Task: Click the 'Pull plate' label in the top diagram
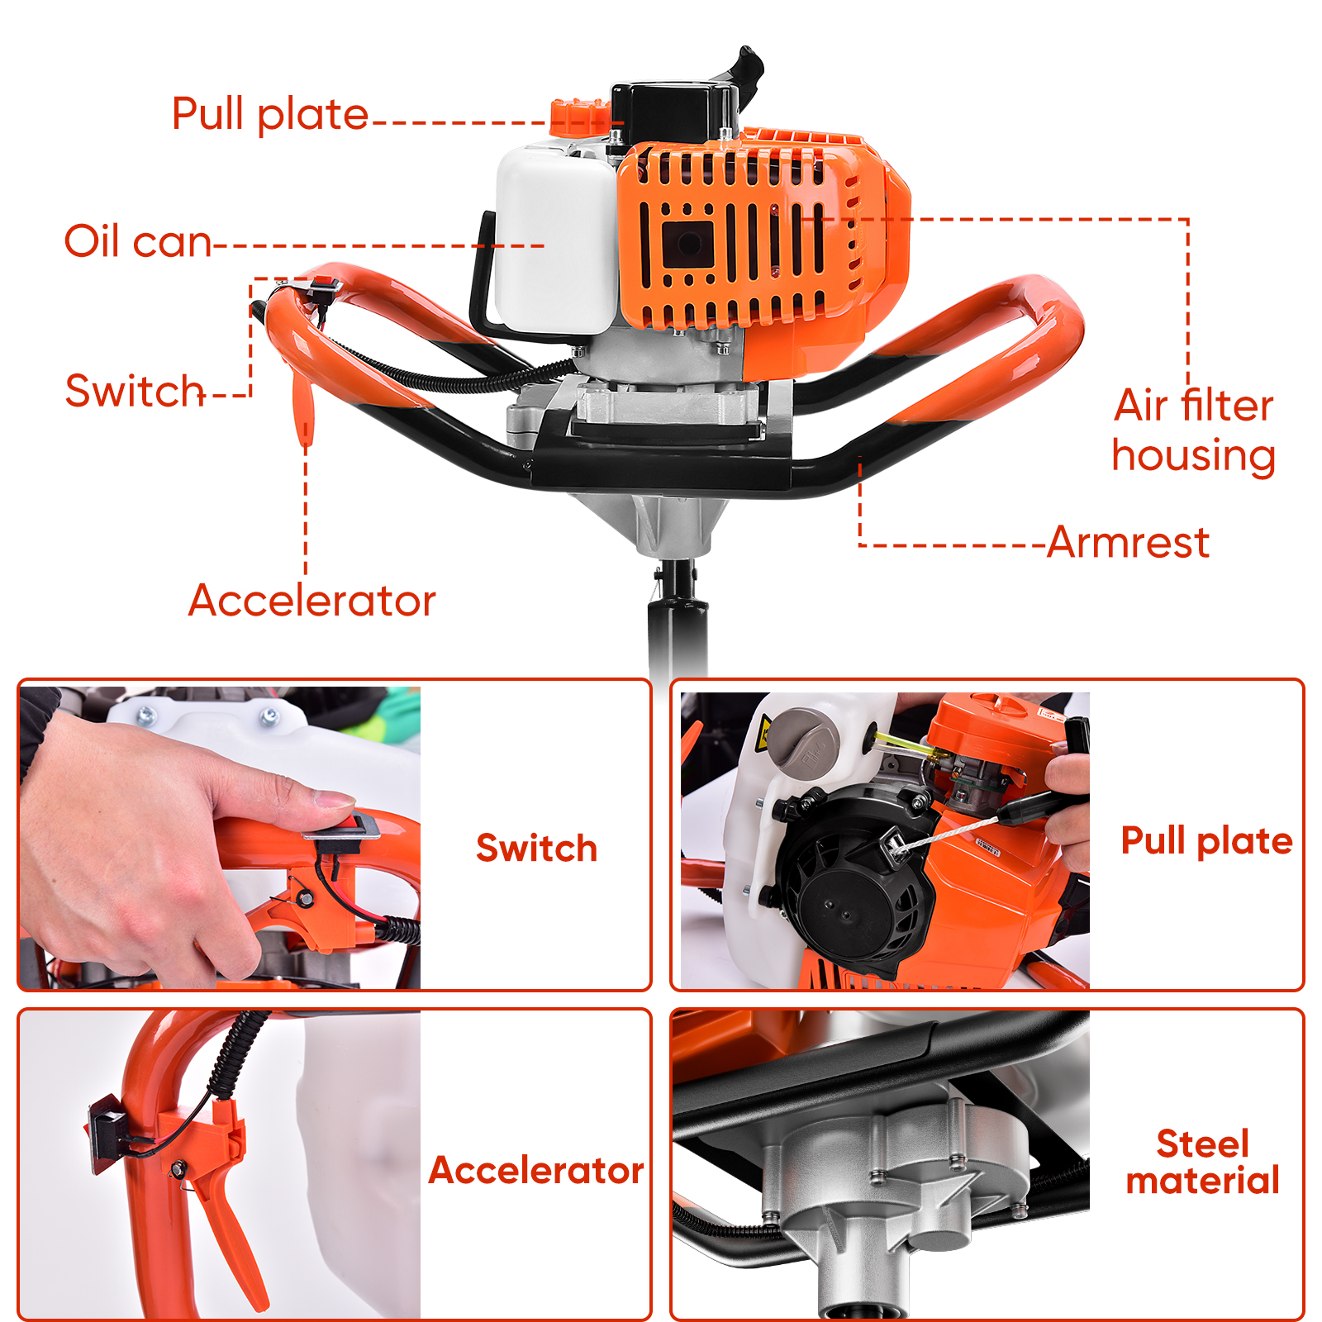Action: click(269, 114)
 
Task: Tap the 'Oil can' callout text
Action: click(138, 241)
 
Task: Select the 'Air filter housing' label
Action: click(1194, 430)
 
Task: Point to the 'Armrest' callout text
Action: click(1128, 543)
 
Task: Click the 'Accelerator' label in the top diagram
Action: click(311, 601)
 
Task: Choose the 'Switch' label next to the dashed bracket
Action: click(135, 391)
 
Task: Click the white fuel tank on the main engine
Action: click(556, 240)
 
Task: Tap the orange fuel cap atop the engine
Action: click(580, 116)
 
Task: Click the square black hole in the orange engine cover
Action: click(687, 245)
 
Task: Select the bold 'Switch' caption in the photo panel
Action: click(536, 849)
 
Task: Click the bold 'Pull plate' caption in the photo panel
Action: click(1206, 841)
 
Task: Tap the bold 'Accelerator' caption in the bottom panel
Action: click(536, 1171)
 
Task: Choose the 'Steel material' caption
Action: click(1203, 1162)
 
